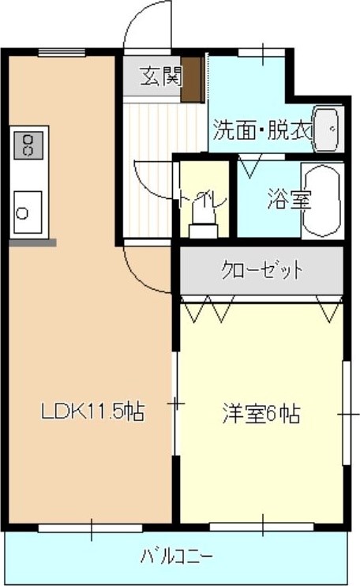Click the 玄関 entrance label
point(161,76)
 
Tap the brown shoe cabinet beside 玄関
point(191,78)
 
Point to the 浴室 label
point(287,198)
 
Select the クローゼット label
point(261,271)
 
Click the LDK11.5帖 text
point(91,411)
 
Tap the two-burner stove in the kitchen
point(28,143)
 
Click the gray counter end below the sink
point(32,242)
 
